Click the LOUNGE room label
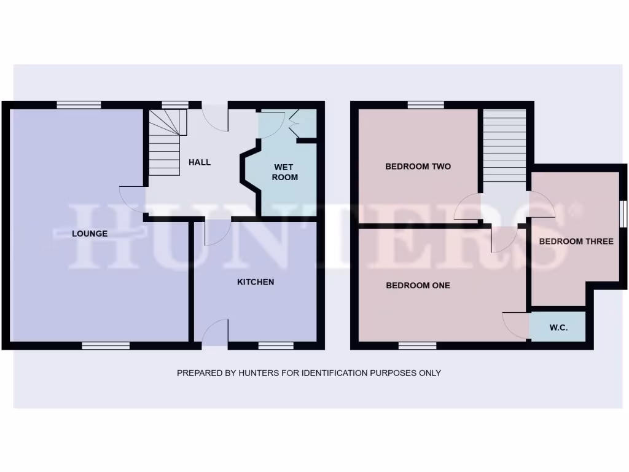(90, 234)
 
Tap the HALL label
(200, 162)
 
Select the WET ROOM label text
(284, 172)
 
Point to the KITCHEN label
(256, 282)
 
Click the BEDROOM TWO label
(418, 167)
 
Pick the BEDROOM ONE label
(418, 285)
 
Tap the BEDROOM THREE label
(576, 242)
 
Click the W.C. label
(558, 328)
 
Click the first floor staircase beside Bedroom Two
(504, 146)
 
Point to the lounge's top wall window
(79, 105)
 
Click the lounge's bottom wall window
(106, 346)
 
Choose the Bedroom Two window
(426, 105)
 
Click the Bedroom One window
(417, 346)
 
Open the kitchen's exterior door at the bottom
(214, 334)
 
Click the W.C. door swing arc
(515, 324)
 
